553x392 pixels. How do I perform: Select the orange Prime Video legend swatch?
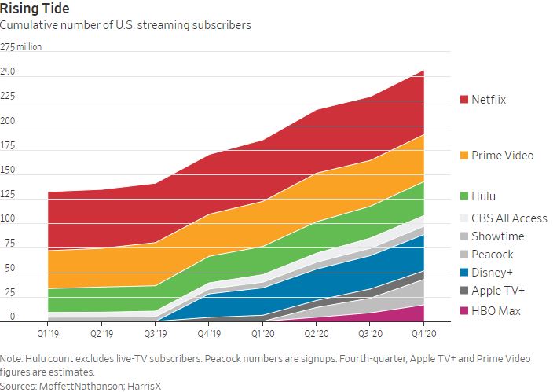click(463, 156)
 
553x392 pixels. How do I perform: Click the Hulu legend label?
click(483, 196)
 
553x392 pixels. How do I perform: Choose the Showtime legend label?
click(497, 236)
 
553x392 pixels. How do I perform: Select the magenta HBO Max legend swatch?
click(463, 312)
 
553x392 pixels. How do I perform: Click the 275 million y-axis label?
click(21, 47)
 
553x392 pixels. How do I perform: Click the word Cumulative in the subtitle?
click(27, 26)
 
